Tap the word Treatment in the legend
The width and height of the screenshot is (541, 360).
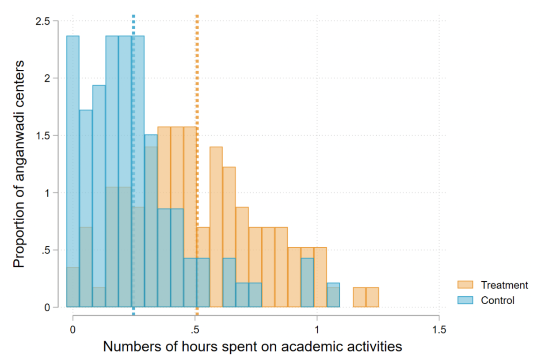click(504, 285)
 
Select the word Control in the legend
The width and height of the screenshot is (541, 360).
click(498, 300)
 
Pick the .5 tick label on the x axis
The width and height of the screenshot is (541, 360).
click(194, 329)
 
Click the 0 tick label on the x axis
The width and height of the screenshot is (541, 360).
click(72, 329)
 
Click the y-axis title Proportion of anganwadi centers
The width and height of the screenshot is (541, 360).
click(19, 164)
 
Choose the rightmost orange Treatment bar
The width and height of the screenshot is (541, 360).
click(372, 298)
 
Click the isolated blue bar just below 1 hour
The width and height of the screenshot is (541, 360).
click(307, 283)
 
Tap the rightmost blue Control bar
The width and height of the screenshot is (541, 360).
click(333, 295)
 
